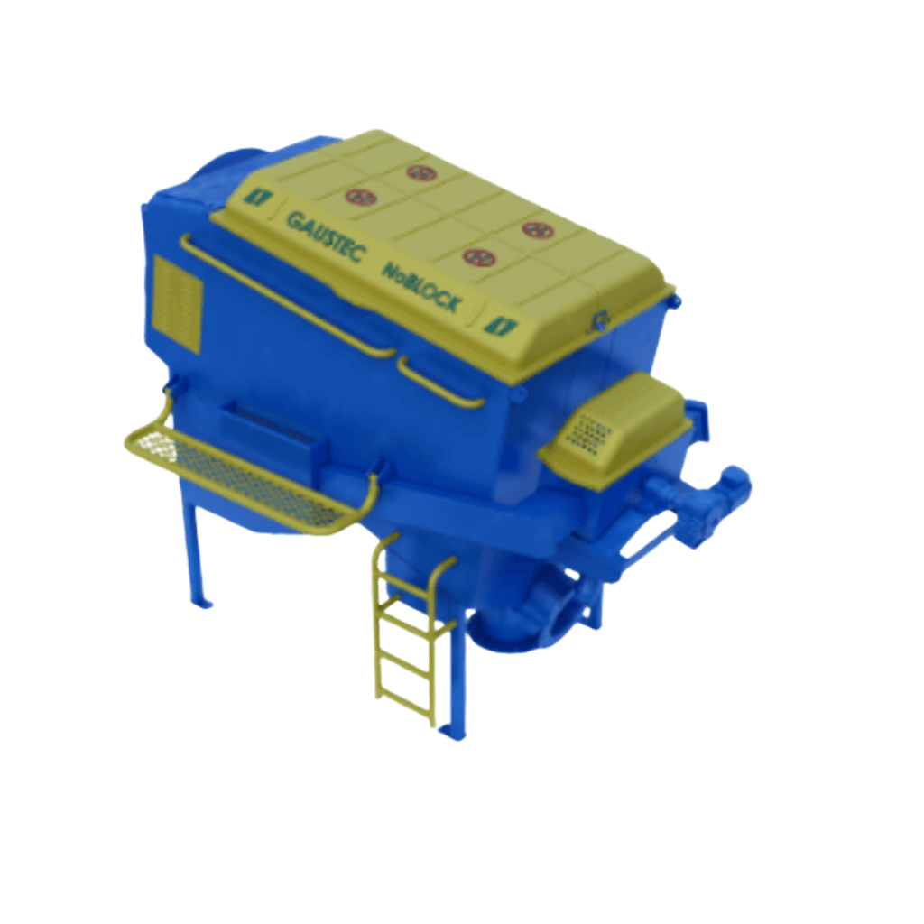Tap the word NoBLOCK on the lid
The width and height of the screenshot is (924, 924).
point(420,286)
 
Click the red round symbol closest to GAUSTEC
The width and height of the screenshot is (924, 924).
point(361,197)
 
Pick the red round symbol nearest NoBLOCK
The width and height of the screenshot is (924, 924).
point(478,257)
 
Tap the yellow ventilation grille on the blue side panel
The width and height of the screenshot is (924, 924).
point(178,304)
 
